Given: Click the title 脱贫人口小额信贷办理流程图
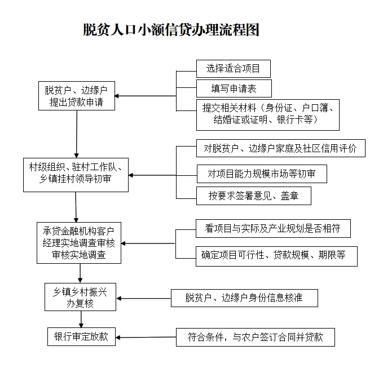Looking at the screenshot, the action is (171, 30).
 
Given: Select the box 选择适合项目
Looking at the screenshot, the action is (234, 69).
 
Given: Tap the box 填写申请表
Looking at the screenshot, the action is (234, 88).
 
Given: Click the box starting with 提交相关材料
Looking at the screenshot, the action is (268, 115).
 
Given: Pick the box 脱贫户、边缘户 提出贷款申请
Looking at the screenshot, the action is (77, 96).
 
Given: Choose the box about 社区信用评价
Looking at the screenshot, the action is (281, 148).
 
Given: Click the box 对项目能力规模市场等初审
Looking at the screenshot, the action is (262, 174).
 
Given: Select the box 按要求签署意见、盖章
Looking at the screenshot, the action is (253, 196).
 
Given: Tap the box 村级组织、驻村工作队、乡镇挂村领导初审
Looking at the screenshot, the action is (76, 175).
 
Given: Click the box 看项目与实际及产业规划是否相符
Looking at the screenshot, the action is (273, 228).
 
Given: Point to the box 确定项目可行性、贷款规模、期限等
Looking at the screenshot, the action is (276, 256).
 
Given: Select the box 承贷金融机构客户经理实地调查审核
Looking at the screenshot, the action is (79, 243).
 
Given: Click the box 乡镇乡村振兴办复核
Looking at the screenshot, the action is (80, 297).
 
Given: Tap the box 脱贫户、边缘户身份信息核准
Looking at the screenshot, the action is (244, 298).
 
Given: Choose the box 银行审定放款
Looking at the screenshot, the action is (81, 337).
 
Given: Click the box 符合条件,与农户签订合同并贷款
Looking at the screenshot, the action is (256, 337).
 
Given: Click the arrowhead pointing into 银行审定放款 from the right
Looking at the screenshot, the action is (118, 338).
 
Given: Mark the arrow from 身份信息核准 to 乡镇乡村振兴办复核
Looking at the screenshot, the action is (144, 298).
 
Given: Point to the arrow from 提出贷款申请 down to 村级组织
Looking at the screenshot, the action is (77, 134).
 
